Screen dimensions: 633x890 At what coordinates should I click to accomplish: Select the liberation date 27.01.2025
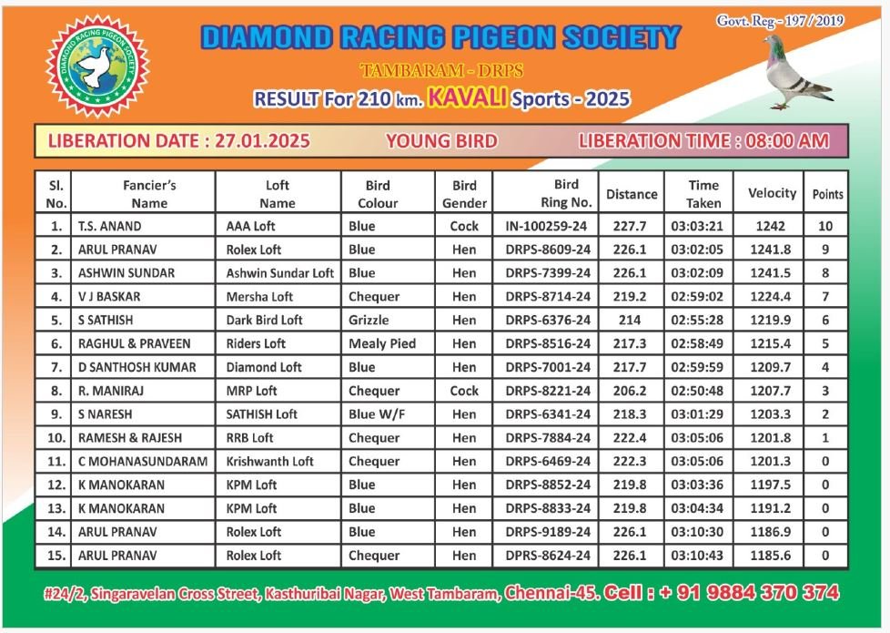pyautogui.click(x=263, y=141)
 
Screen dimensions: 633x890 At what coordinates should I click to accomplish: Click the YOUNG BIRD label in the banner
pyautogui.click(x=441, y=141)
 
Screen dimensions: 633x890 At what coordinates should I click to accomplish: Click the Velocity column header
pyautogui.click(x=772, y=193)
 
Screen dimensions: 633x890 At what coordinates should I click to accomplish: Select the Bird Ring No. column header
pyautogui.click(x=566, y=193)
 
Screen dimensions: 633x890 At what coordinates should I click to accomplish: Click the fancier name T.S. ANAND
pyautogui.click(x=110, y=226)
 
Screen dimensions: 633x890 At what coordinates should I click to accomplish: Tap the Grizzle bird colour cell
pyautogui.click(x=369, y=320)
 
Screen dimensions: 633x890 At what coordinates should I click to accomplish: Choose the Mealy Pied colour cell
pyautogui.click(x=382, y=343)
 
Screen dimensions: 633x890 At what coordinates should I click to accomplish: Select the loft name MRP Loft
pyautogui.click(x=252, y=391)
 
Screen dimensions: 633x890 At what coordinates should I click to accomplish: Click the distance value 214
pyautogui.click(x=630, y=320)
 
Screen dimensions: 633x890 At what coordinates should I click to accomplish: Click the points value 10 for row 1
pyautogui.click(x=825, y=226)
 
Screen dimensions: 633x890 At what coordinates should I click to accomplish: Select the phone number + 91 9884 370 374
pyautogui.click(x=749, y=593)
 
